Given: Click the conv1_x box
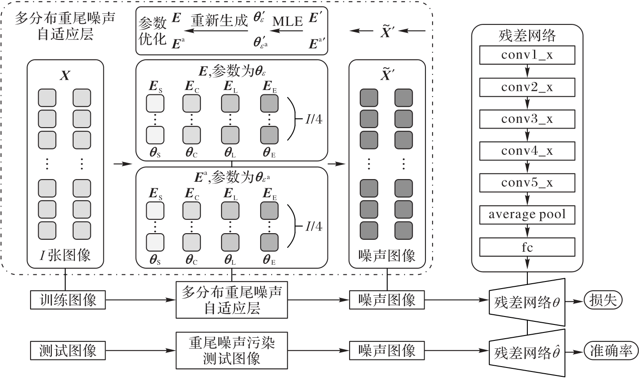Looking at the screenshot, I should pyautogui.click(x=527, y=55).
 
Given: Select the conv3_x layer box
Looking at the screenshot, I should pyautogui.click(x=527, y=119).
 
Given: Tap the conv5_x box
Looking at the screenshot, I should pyautogui.click(x=527, y=183).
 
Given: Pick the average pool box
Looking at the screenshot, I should pyautogui.click(x=527, y=215).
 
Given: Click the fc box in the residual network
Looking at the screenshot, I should pyautogui.click(x=527, y=246).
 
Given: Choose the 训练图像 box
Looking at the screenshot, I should pyautogui.click(x=68, y=300).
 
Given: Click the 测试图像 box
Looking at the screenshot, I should pyautogui.click(x=68, y=351).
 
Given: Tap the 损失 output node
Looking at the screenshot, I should pyautogui.click(x=603, y=300).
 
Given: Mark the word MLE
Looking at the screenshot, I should pyautogui.click(x=287, y=21).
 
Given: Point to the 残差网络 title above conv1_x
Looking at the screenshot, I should pyautogui.click(x=527, y=35).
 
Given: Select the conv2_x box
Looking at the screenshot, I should pyautogui.click(x=527, y=87).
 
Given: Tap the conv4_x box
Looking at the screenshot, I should pyautogui.click(x=527, y=151).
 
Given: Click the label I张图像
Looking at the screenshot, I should pyautogui.click(x=65, y=255).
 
